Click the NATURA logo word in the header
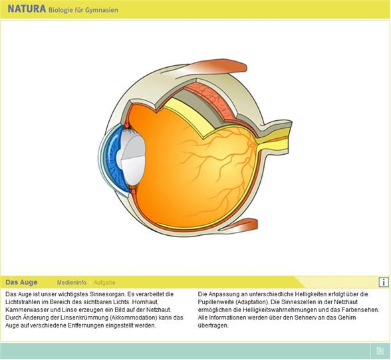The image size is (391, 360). (27, 9)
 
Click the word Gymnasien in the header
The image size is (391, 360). (102, 10)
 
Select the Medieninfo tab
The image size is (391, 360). (72, 282)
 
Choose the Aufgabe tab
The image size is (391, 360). (104, 282)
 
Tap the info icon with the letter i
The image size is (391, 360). (384, 282)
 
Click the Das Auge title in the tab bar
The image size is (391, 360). (21, 282)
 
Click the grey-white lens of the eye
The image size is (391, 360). (132, 159)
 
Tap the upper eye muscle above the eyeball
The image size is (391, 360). (214, 67)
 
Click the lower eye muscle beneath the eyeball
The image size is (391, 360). (239, 225)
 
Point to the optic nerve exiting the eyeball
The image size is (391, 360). (274, 139)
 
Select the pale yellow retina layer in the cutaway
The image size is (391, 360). (187, 116)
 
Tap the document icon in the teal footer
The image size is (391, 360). (380, 351)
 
